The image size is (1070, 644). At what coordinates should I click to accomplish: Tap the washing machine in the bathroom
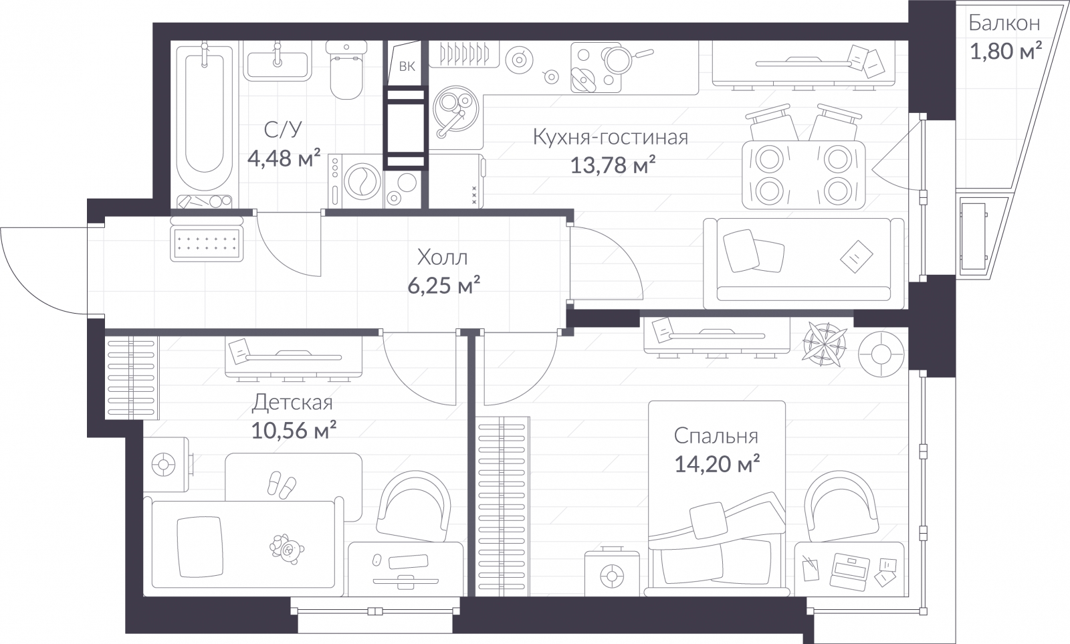(x=355, y=180)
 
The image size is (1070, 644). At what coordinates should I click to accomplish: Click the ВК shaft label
(x=407, y=66)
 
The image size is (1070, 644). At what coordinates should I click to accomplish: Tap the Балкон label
(x=1004, y=23)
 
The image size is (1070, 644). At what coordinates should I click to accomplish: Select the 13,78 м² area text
(x=611, y=165)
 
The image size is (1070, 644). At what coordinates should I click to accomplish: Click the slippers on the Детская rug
(x=281, y=484)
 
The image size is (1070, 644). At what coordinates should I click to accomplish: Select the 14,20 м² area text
(x=716, y=463)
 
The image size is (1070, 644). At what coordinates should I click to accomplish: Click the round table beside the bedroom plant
(x=881, y=353)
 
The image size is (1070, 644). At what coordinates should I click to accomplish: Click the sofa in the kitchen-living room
(x=802, y=261)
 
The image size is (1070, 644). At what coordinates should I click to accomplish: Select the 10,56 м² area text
(x=293, y=430)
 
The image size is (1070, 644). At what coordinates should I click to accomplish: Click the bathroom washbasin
(x=277, y=64)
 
